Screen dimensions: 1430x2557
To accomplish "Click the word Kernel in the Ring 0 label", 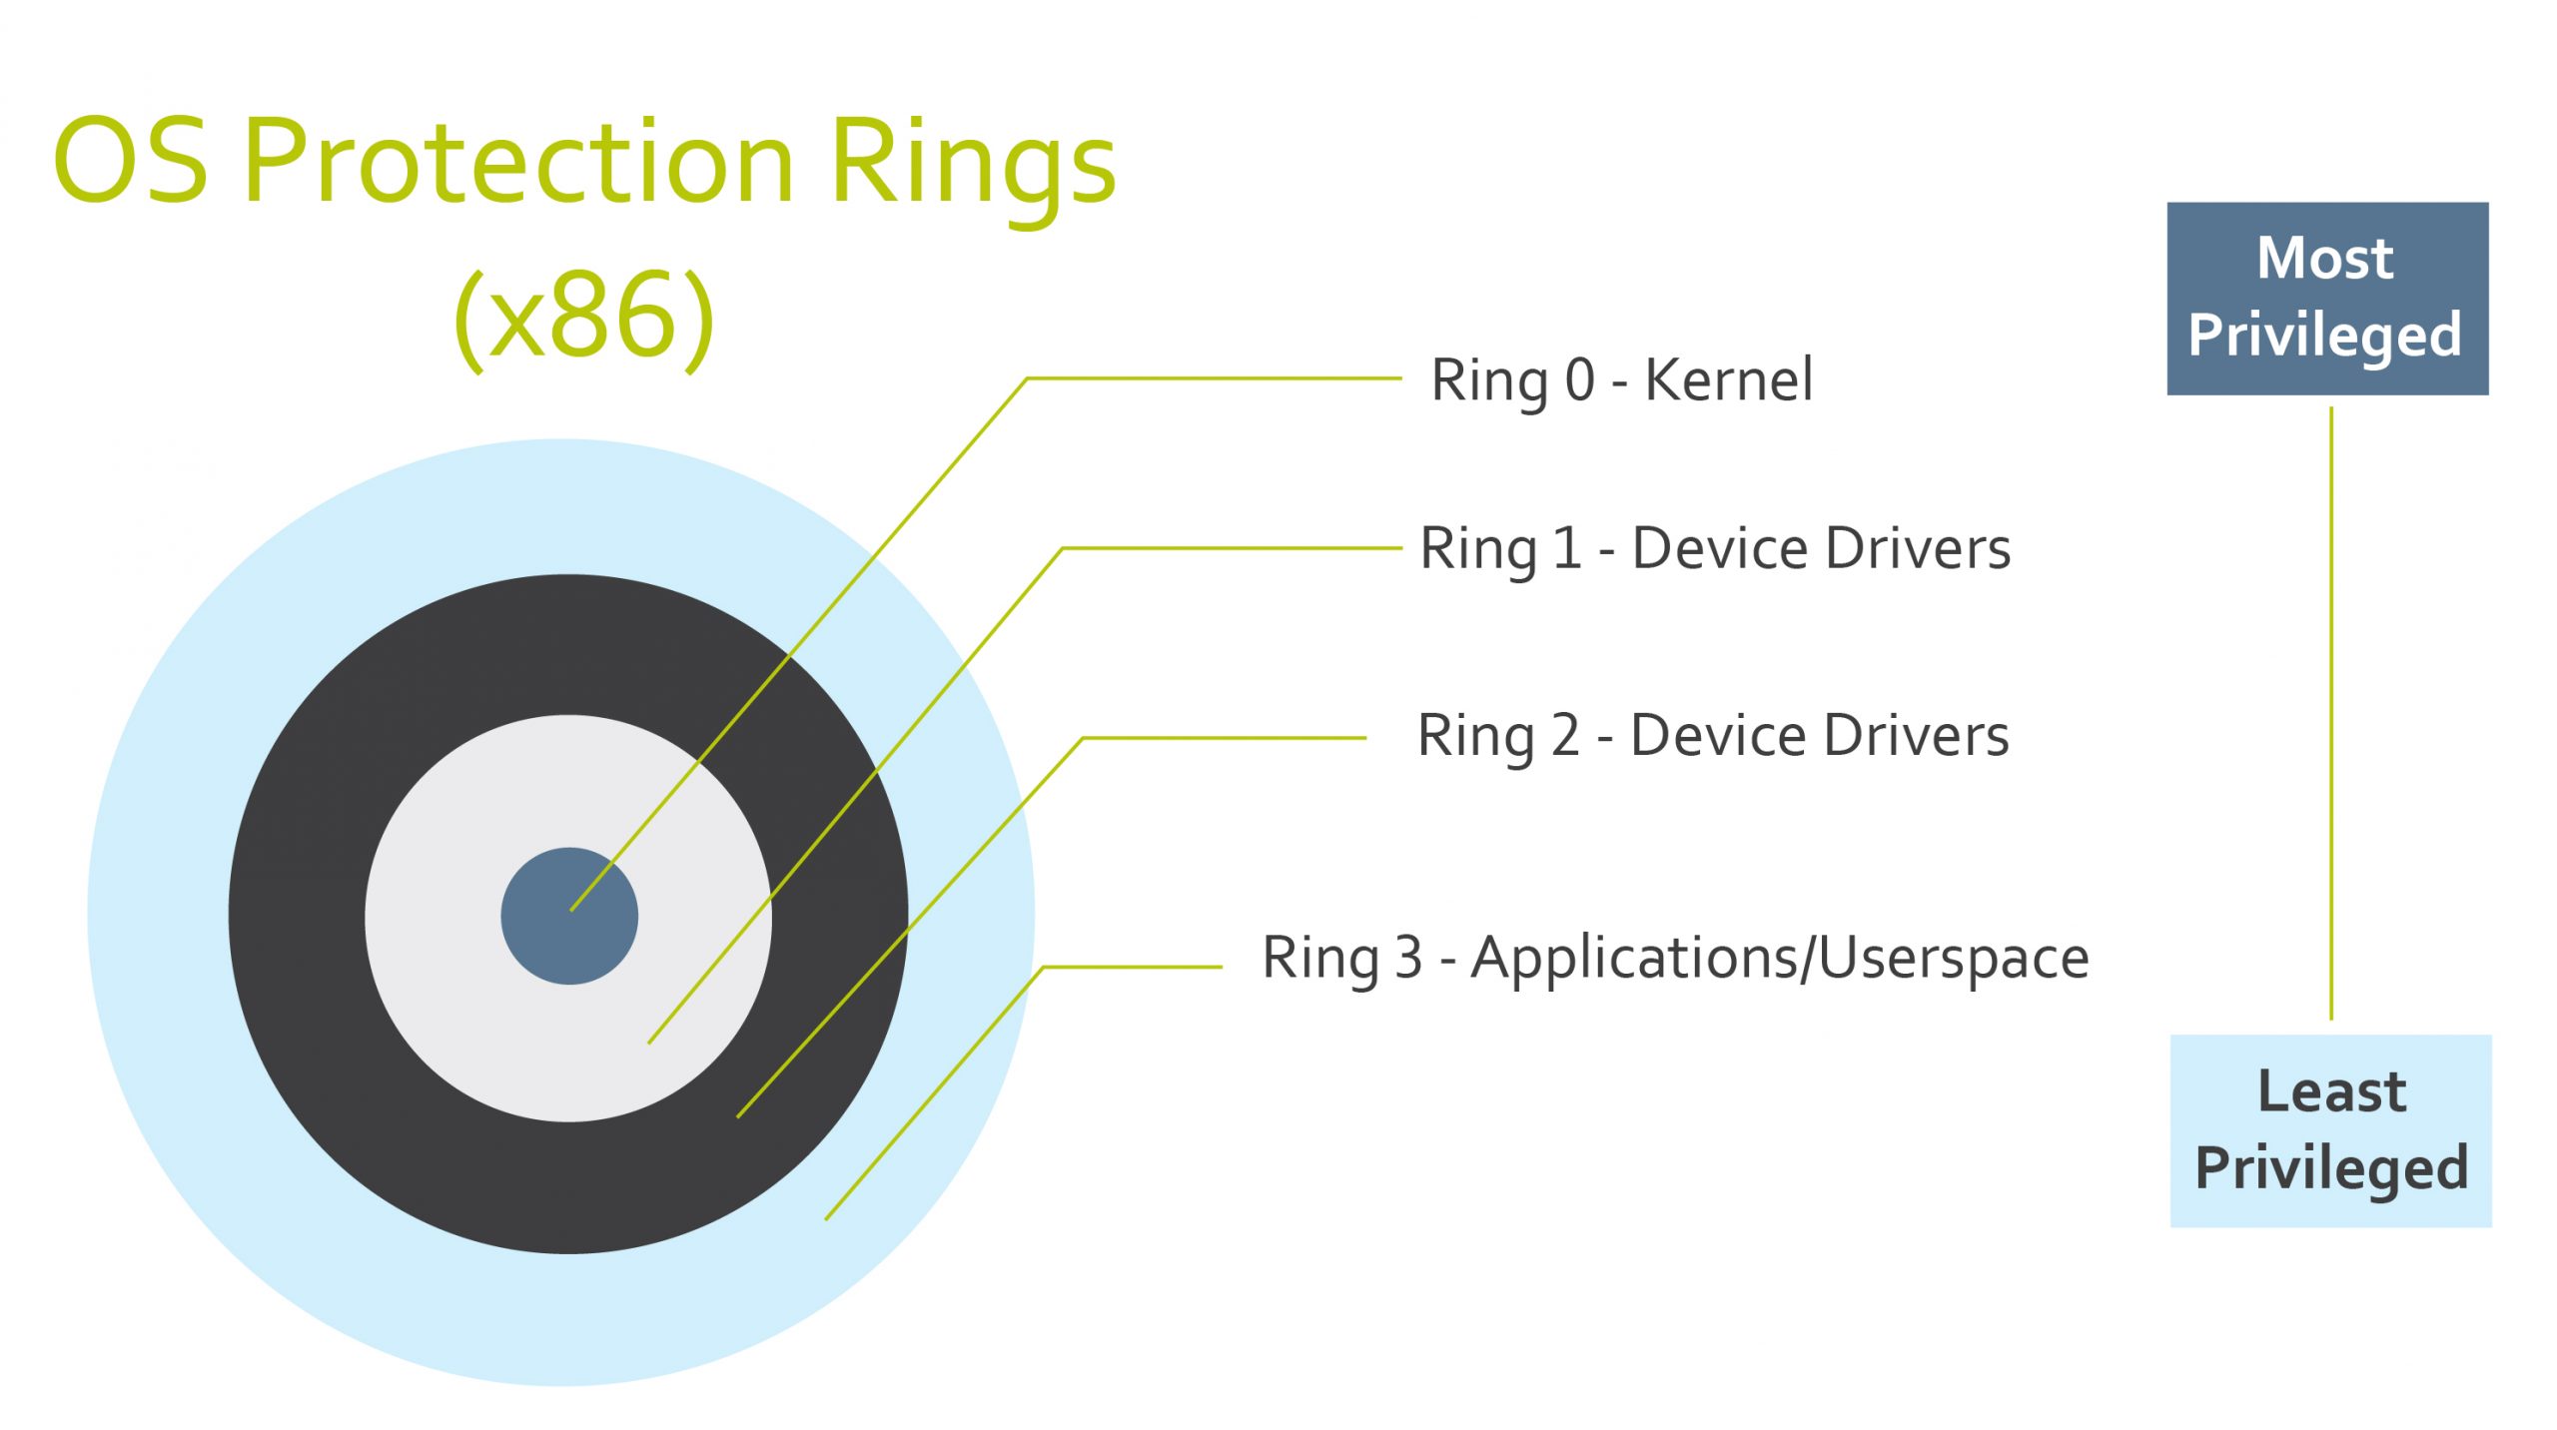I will pyautogui.click(x=1728, y=380).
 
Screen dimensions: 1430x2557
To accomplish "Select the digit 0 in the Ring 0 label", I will pyautogui.click(x=1579, y=380).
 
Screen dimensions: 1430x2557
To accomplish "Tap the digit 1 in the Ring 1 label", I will pyautogui.click(x=1567, y=549).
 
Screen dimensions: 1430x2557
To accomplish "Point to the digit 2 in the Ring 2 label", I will pyautogui.click(x=1565, y=736).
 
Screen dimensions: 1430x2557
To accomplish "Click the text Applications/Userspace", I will pyautogui.click(x=1779, y=959).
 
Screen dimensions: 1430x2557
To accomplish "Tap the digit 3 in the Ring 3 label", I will pyautogui.click(x=1408, y=958).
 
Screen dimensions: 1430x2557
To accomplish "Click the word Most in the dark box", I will pyautogui.click(x=2325, y=259).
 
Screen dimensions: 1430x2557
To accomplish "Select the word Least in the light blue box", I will pyautogui.click(x=2331, y=1090).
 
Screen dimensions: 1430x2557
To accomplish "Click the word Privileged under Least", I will pyautogui.click(x=2331, y=1168).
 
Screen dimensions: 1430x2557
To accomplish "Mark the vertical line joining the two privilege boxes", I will pyautogui.click(x=2331, y=714).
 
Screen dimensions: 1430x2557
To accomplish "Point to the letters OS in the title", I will pyautogui.click(x=131, y=160).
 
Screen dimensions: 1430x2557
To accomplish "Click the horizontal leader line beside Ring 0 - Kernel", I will pyautogui.click(x=1214, y=378).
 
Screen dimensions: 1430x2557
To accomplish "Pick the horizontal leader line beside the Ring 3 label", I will pyautogui.click(x=1133, y=967).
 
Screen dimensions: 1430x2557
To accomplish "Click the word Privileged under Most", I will pyautogui.click(x=2325, y=336).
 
